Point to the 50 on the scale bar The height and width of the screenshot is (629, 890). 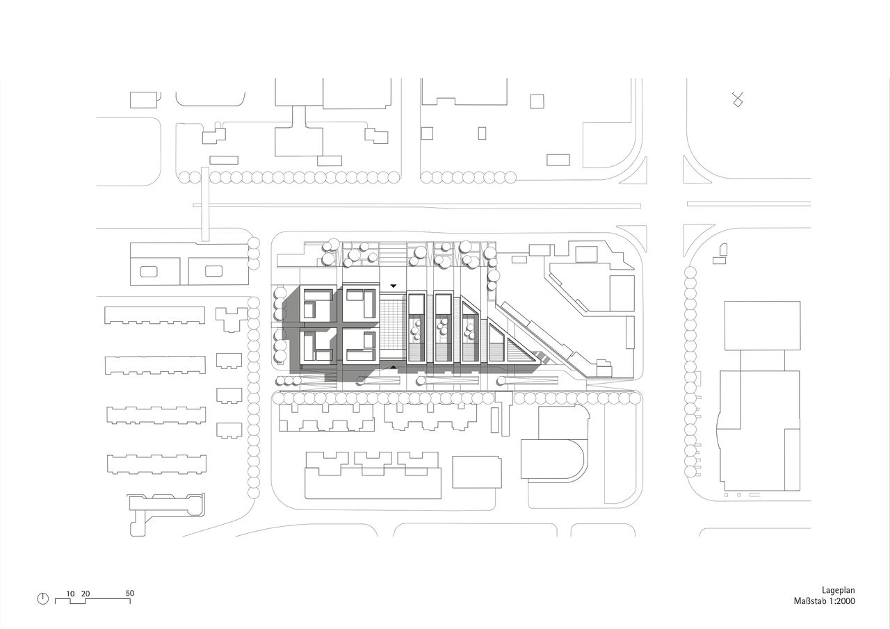tap(130, 594)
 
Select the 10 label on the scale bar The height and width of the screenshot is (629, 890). tap(70, 594)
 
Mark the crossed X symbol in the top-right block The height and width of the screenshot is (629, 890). tap(738, 99)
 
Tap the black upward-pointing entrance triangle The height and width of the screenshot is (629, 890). tap(394, 367)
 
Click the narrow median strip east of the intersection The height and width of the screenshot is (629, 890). tap(748, 204)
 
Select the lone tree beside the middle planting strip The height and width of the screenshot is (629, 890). tap(360, 379)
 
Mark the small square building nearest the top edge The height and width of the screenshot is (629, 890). tap(536, 101)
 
